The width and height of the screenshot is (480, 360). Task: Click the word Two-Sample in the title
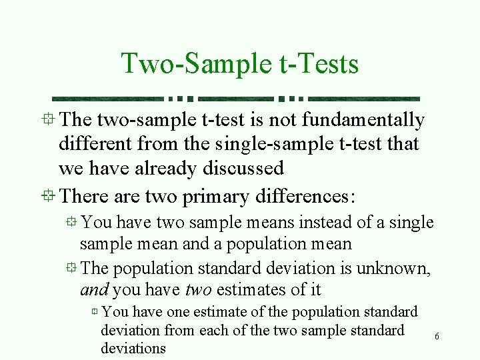[x=193, y=64]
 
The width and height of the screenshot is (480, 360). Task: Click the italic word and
[x=94, y=290]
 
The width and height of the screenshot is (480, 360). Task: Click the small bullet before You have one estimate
[x=95, y=312]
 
